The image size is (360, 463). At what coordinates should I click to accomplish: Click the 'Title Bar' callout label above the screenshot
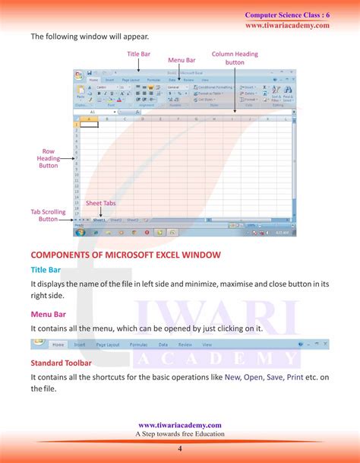138,54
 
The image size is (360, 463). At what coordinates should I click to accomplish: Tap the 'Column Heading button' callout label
235,59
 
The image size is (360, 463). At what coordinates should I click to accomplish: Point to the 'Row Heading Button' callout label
48,158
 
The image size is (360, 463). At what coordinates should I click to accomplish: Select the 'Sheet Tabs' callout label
99,204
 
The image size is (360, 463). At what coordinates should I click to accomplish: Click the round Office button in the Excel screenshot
79,75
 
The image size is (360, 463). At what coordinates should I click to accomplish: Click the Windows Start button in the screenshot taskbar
79,231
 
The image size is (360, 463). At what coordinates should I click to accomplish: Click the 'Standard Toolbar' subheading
61,363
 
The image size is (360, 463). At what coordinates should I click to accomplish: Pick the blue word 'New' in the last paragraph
232,376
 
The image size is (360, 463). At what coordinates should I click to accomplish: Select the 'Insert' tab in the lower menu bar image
79,344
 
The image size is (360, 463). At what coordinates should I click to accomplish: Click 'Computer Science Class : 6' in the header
287,15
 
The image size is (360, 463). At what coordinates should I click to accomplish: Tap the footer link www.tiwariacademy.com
180,425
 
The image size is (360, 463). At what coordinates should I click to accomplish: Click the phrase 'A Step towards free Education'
180,434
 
